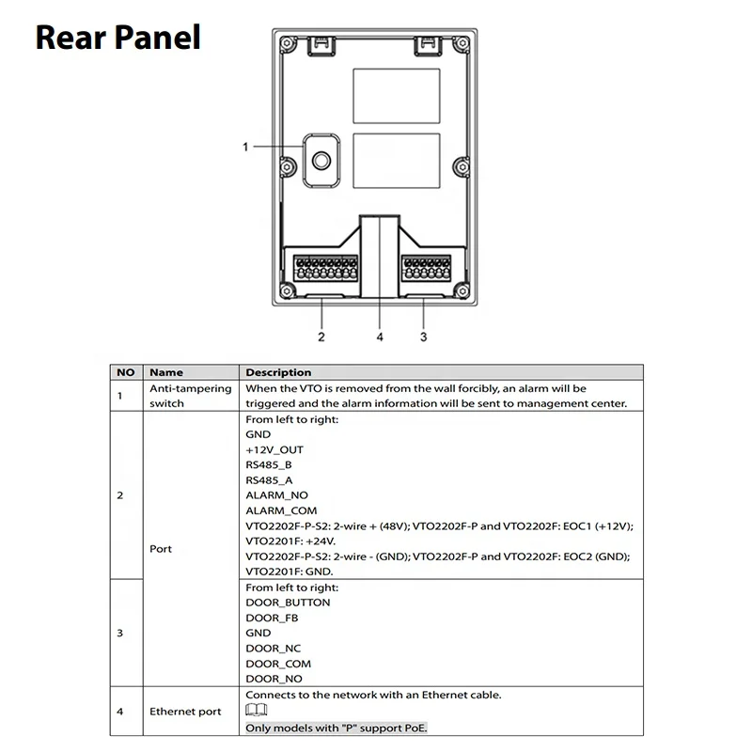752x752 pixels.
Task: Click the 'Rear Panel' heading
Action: pyautogui.click(x=118, y=37)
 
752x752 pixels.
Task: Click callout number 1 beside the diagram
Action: pyautogui.click(x=245, y=146)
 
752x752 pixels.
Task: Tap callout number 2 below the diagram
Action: pyautogui.click(x=321, y=337)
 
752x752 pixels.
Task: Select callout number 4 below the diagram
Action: pyautogui.click(x=380, y=337)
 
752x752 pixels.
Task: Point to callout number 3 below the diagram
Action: pyautogui.click(x=423, y=337)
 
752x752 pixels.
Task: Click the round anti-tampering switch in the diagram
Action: pyautogui.click(x=321, y=161)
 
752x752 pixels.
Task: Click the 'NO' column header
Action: pyautogui.click(x=126, y=372)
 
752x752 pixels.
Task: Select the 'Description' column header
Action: pyautogui.click(x=278, y=372)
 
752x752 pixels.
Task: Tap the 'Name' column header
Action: pyautogui.click(x=166, y=372)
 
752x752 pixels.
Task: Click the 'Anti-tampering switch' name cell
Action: pyautogui.click(x=177, y=395)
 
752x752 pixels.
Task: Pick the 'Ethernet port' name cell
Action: pyautogui.click(x=185, y=712)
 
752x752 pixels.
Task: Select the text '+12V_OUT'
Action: pyautogui.click(x=274, y=449)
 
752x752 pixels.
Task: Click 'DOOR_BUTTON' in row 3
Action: pyautogui.click(x=288, y=603)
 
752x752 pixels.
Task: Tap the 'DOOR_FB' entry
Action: pyautogui.click(x=273, y=618)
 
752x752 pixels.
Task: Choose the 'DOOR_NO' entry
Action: pyautogui.click(x=274, y=679)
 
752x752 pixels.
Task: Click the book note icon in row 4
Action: pyautogui.click(x=257, y=711)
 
